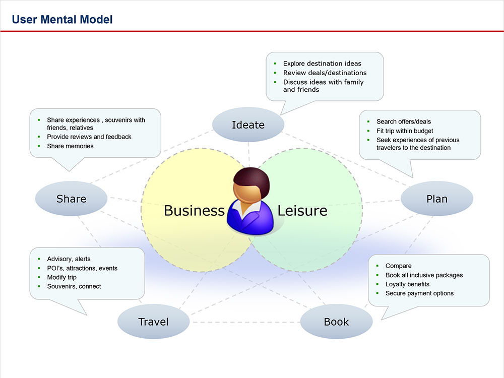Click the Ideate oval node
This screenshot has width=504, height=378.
click(248, 125)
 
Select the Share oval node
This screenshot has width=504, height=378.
click(71, 199)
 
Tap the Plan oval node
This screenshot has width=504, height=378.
click(436, 199)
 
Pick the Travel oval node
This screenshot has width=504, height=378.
click(153, 322)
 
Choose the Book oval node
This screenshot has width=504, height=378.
click(336, 322)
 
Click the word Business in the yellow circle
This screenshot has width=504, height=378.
click(194, 210)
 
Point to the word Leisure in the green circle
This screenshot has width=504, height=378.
click(302, 210)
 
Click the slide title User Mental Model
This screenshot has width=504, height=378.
click(62, 20)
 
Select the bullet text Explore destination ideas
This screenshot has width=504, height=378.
click(322, 64)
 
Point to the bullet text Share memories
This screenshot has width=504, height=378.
click(70, 146)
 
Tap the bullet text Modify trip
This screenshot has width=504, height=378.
click(61, 277)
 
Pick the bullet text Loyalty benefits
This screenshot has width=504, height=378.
click(407, 284)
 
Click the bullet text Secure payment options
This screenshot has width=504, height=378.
click(419, 293)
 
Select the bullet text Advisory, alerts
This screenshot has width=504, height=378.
click(69, 259)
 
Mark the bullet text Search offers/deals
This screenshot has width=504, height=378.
click(404, 121)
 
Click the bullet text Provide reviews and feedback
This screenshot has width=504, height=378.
click(89, 137)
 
